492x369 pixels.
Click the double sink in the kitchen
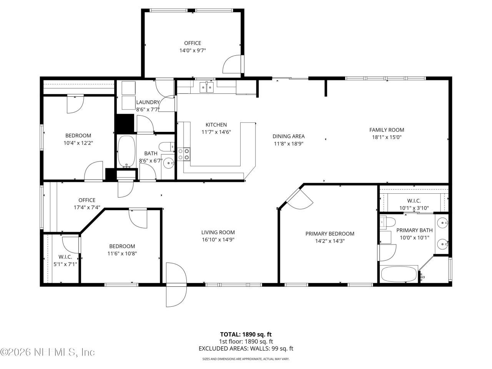[207, 88]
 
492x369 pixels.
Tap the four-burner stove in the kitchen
[184, 154]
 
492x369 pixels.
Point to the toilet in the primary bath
[388, 222]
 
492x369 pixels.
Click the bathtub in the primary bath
[399, 275]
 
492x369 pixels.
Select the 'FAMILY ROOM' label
[386, 130]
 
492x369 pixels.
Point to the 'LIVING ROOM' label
[218, 232]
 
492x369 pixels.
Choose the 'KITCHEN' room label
[216, 125]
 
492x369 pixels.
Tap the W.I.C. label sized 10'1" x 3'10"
[414, 201]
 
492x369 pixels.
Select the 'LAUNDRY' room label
[148, 102]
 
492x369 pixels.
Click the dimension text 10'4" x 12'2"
[78, 143]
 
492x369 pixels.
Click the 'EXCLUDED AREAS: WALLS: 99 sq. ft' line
[246, 349]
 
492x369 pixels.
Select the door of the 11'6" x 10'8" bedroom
[138, 218]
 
